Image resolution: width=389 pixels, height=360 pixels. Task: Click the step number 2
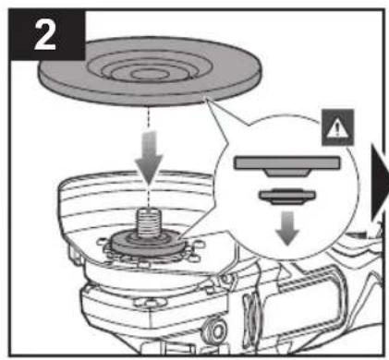pyautogui.click(x=45, y=35)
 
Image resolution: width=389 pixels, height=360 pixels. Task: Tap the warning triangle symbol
pyautogui.click(x=337, y=128)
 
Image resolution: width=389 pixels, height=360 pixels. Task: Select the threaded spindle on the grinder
pyautogui.click(x=149, y=222)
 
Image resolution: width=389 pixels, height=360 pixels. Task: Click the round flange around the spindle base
pyautogui.click(x=149, y=243)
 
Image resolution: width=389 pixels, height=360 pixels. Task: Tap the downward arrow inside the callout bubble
pyautogui.click(x=287, y=228)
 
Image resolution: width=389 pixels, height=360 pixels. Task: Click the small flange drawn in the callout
pyautogui.click(x=287, y=197)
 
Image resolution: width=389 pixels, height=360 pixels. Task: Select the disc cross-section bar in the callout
pyautogui.click(x=287, y=163)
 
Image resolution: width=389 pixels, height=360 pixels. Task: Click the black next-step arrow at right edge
pyautogui.click(x=380, y=182)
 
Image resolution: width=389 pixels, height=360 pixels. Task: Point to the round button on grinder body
pyautogui.click(x=217, y=330)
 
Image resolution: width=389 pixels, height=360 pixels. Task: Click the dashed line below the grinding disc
pyautogui.click(x=149, y=118)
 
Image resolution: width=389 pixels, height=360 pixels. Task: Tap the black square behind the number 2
pyautogui.click(x=47, y=34)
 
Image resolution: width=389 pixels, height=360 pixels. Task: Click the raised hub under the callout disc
pyautogui.click(x=287, y=173)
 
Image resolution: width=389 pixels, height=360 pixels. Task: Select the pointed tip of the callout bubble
pyautogui.click(x=207, y=101)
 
